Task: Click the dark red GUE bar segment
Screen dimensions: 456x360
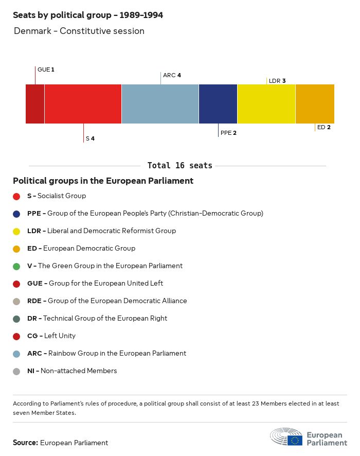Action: click(35, 104)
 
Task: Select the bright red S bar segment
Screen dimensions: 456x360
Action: click(83, 104)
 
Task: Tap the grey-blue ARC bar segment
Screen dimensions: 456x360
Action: click(160, 104)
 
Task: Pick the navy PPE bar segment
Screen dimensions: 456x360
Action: click(218, 104)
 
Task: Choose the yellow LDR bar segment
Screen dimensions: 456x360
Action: click(266, 104)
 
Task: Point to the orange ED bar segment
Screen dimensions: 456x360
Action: click(315, 104)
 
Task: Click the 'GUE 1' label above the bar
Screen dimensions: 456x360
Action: click(46, 69)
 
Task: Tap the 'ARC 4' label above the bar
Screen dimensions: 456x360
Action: click(172, 75)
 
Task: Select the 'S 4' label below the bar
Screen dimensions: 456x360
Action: click(90, 138)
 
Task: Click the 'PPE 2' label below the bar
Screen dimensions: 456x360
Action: click(228, 133)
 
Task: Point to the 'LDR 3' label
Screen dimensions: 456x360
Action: click(277, 81)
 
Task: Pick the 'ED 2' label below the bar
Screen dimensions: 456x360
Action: click(324, 127)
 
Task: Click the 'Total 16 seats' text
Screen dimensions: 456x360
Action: click(179, 166)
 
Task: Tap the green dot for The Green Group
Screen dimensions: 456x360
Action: click(16, 266)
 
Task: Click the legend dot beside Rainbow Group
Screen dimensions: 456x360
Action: click(16, 354)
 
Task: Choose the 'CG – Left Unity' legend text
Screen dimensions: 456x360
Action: click(51, 336)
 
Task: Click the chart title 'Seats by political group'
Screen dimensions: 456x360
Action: click(88, 15)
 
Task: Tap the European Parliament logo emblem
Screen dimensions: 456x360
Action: click(286, 436)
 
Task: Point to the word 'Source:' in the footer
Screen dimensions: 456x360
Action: click(25, 443)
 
